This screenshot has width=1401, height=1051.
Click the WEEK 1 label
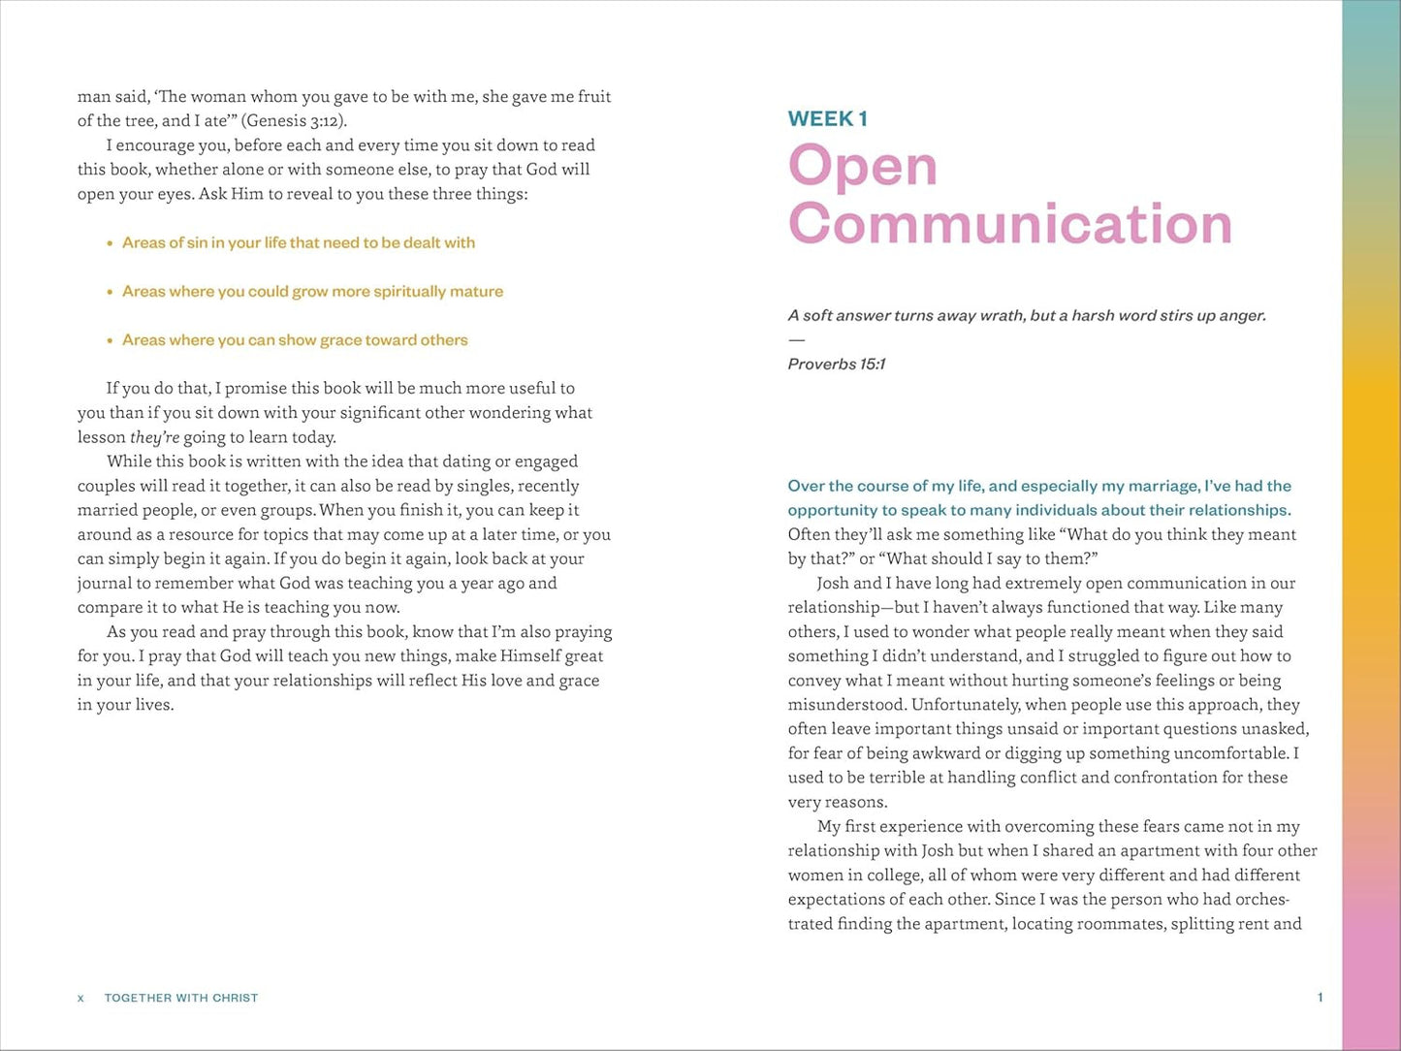pyautogui.click(x=827, y=119)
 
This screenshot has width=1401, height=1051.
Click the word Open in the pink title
pyautogui.click(x=862, y=166)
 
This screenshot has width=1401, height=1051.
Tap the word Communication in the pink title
pyautogui.click(x=1009, y=224)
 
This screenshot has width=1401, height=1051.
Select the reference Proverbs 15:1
pyautogui.click(x=836, y=365)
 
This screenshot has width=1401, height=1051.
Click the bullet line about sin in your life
pyautogui.click(x=298, y=243)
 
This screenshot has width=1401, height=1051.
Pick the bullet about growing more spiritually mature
pyautogui.click(x=312, y=292)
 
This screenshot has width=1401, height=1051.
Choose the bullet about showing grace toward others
pyautogui.click(x=295, y=340)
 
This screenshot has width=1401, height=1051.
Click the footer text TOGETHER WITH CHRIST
pyautogui.click(x=181, y=998)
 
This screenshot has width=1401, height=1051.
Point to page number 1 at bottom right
pyautogui.click(x=1320, y=998)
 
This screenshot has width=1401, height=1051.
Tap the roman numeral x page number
pyautogui.click(x=80, y=998)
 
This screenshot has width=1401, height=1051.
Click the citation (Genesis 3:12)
pyautogui.click(x=294, y=121)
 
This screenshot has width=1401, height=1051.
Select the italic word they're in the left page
pyautogui.click(x=155, y=437)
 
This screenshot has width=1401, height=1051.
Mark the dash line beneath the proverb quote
pyautogui.click(x=796, y=340)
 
